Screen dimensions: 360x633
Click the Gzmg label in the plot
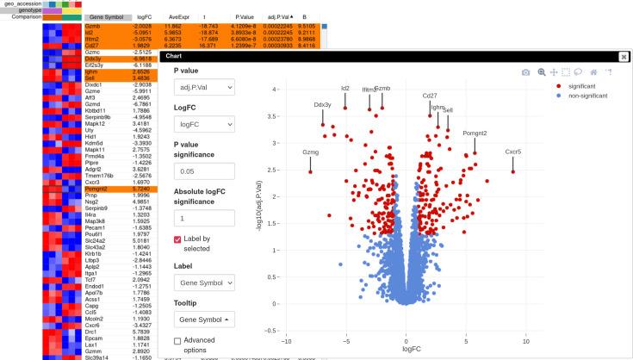pos(310,152)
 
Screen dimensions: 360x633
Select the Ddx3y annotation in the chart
pos(323,105)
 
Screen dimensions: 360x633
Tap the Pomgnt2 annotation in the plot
pos(475,133)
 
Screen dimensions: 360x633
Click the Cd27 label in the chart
pos(429,96)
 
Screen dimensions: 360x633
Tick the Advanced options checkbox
pos(178,342)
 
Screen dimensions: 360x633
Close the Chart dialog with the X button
pos(624,56)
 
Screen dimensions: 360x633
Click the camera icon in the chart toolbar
pos(526,73)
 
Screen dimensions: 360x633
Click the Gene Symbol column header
pos(108,16)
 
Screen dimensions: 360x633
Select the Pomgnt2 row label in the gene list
pos(96,188)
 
